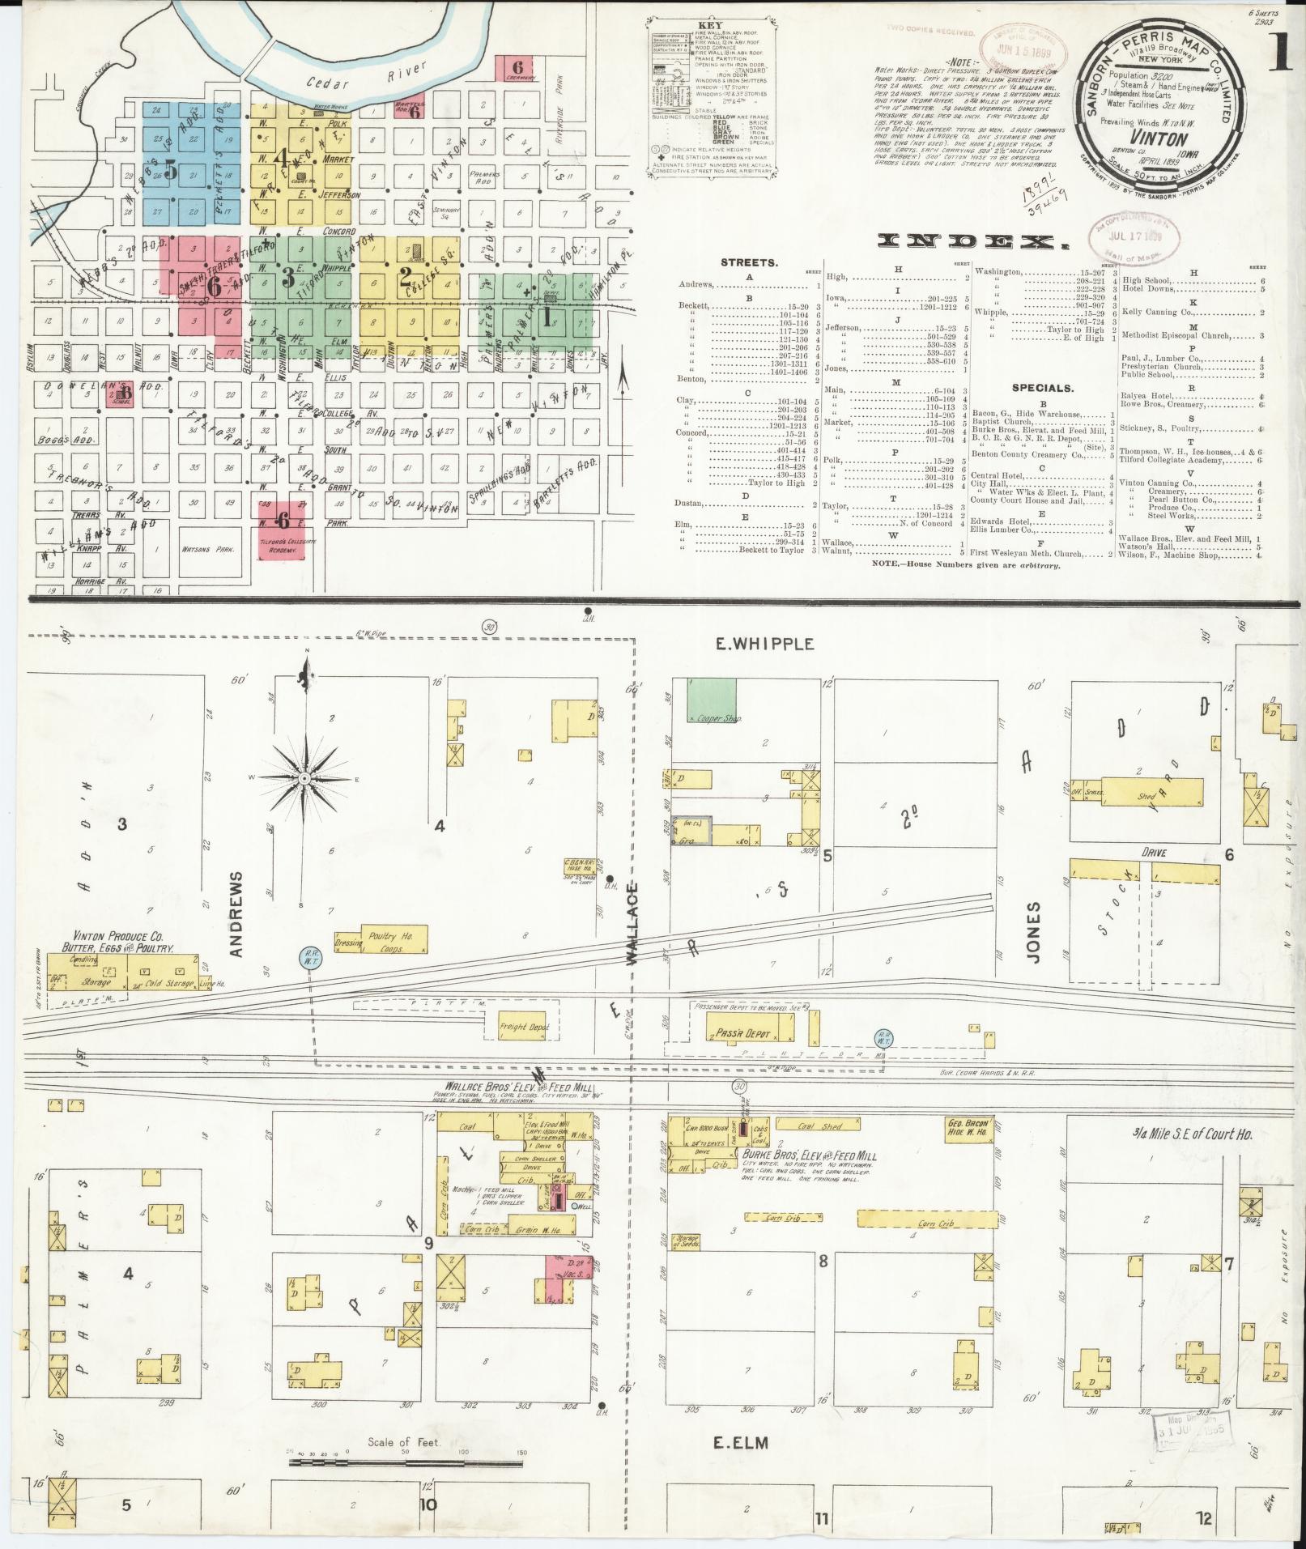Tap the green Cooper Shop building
click(712, 701)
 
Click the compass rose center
click(306, 778)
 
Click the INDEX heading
click(970, 241)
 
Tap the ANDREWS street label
click(236, 914)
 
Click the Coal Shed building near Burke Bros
click(819, 1125)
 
